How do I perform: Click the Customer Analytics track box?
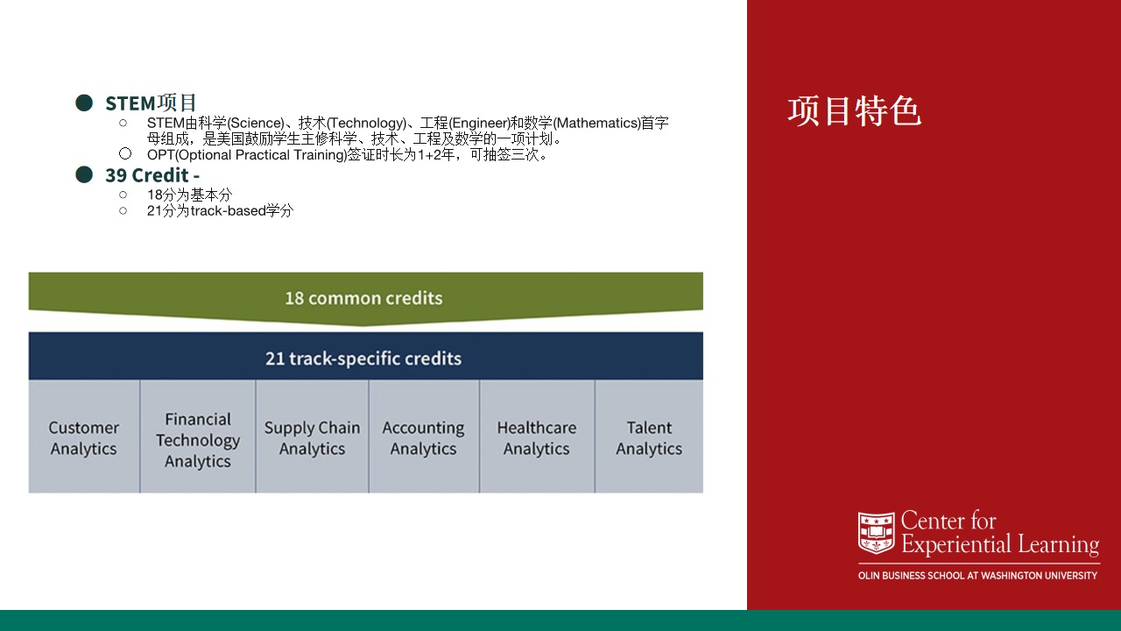click(84, 436)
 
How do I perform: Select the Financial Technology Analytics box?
click(198, 436)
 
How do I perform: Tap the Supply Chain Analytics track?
click(313, 436)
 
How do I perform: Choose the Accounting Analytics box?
click(424, 436)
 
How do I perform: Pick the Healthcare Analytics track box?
click(537, 436)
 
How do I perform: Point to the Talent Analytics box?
click(649, 436)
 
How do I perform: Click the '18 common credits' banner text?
click(363, 298)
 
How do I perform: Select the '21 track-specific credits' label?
click(363, 358)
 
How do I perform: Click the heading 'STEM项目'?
click(151, 103)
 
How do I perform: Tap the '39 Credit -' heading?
click(152, 175)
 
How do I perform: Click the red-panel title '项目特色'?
click(854, 111)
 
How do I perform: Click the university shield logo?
click(877, 532)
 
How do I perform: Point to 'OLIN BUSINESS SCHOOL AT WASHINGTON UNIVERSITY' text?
click(977, 576)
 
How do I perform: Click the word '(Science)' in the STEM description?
click(256, 124)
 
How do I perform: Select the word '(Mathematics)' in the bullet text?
click(596, 124)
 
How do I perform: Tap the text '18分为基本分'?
click(190, 195)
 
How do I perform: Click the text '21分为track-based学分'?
click(220, 211)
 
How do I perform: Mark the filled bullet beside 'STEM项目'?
click(84, 103)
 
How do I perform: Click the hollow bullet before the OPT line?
click(125, 153)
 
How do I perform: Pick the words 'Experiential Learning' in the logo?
click(1000, 544)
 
